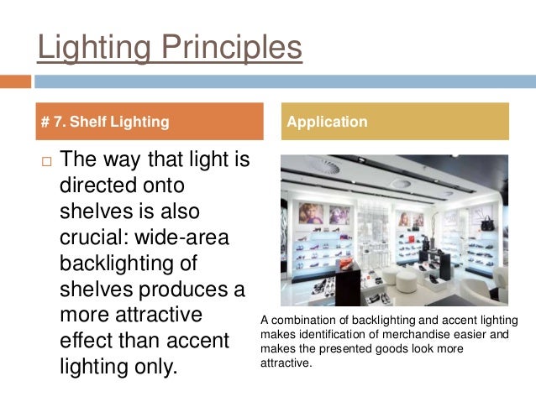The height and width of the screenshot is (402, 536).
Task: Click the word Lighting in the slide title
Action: coord(91,47)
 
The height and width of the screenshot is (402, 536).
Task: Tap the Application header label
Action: coord(327,122)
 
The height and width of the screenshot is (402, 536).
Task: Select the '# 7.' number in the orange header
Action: coord(53,122)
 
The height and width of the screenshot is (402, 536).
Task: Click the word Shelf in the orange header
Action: coord(87,122)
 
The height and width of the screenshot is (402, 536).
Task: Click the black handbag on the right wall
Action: coord(486,223)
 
